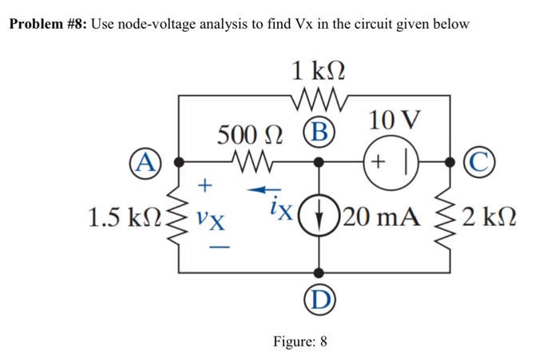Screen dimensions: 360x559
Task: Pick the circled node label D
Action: click(319, 301)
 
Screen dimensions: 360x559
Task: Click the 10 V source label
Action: click(393, 121)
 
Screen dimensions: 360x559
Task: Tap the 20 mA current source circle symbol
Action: click(319, 216)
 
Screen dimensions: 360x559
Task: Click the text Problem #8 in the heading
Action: click(46, 24)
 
